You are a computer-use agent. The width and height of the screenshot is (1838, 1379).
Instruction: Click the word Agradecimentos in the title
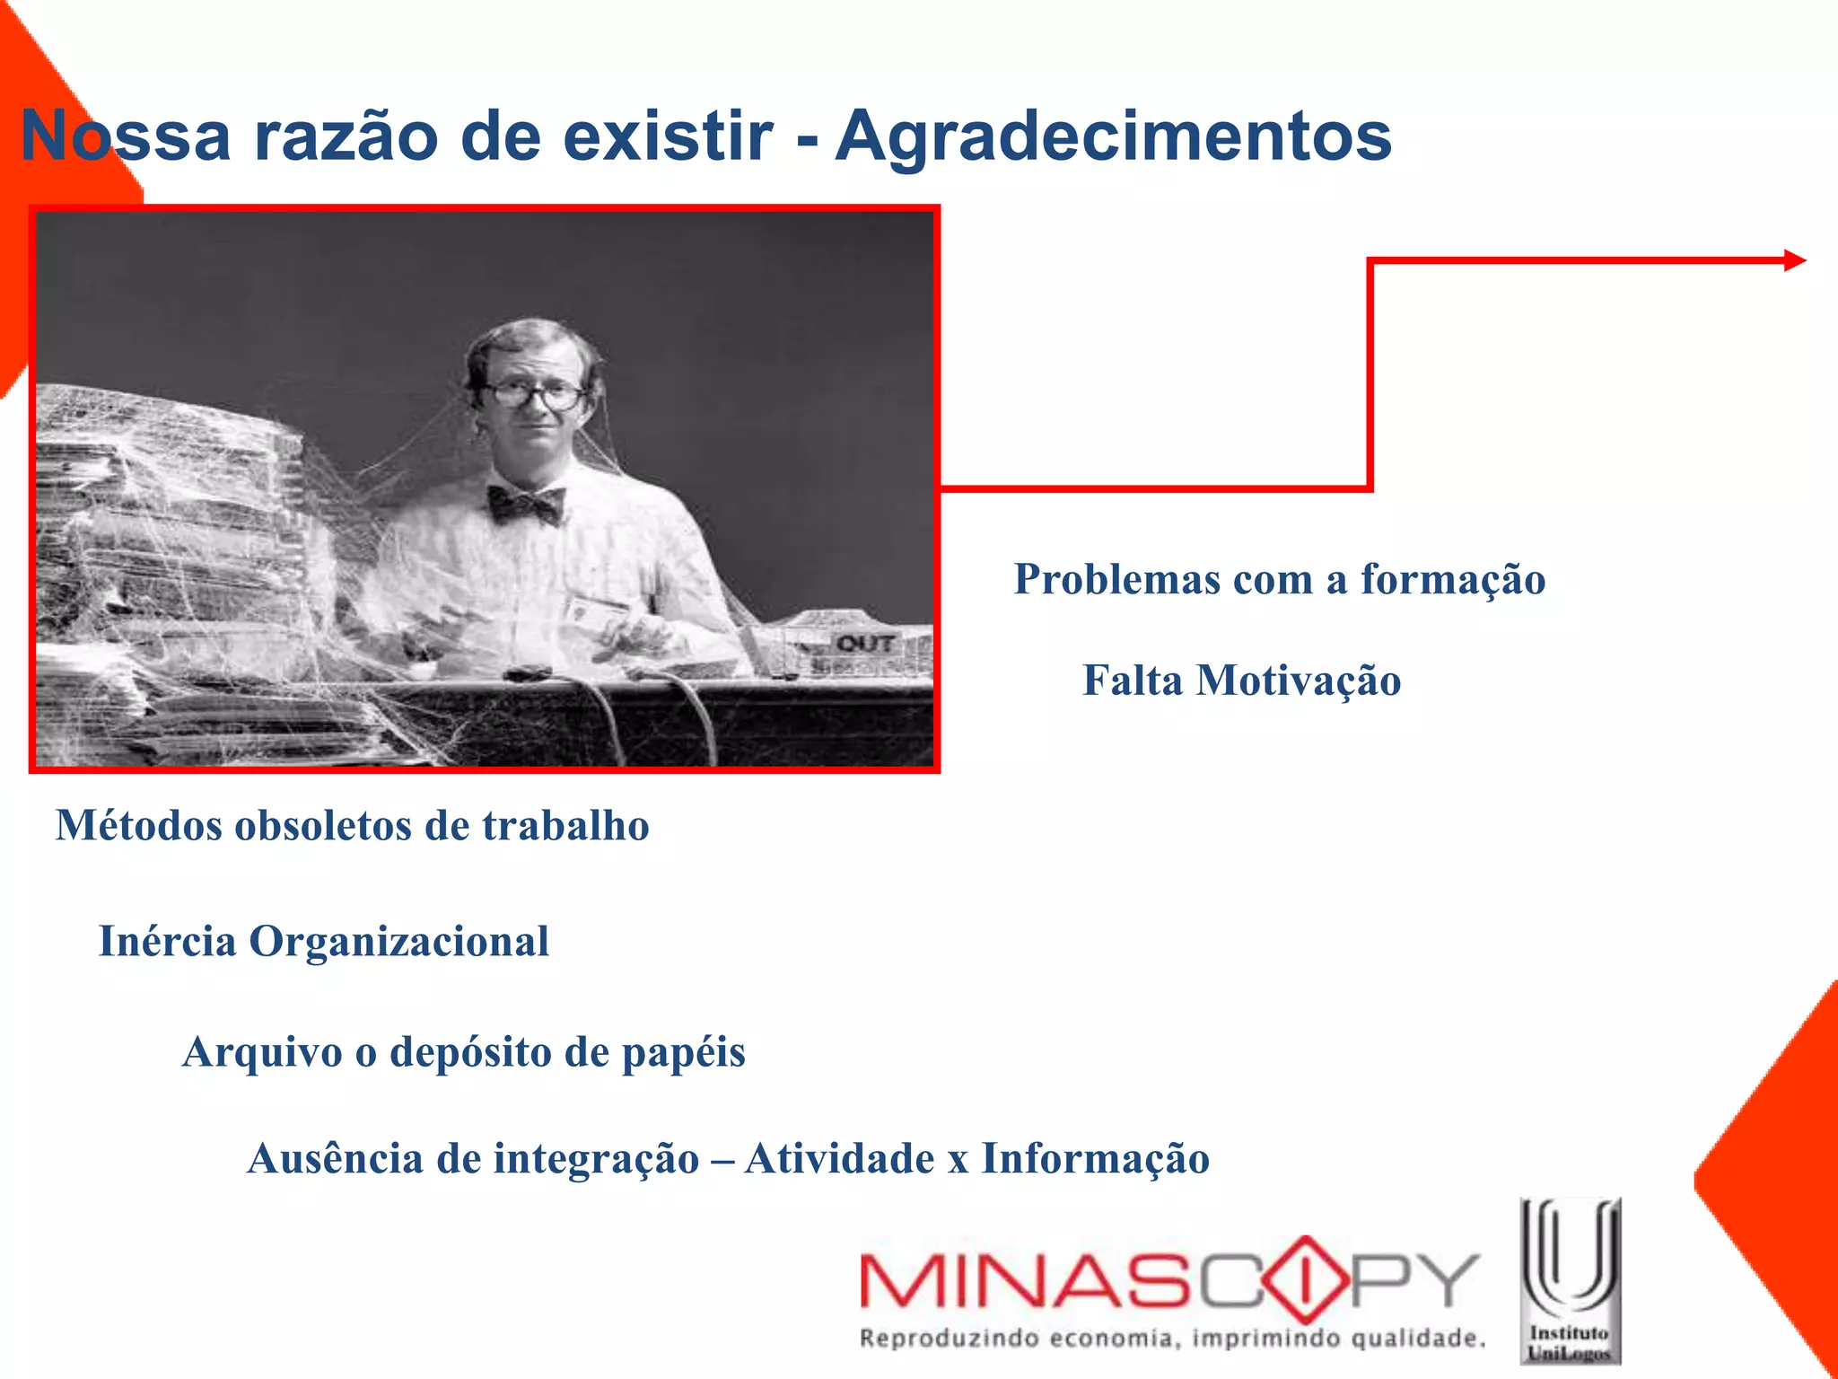point(1113,136)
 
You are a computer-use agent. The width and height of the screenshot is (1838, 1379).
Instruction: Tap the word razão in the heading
point(346,136)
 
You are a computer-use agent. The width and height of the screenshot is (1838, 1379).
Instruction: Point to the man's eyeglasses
point(535,393)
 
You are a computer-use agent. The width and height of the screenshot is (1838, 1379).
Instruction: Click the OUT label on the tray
point(865,643)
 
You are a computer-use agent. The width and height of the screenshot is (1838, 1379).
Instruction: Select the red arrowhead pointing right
point(1794,260)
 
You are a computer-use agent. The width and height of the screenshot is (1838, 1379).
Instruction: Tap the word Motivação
point(1298,681)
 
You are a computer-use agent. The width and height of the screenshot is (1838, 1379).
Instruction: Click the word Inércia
point(167,942)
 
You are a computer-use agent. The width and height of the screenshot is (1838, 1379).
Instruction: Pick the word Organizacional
point(398,942)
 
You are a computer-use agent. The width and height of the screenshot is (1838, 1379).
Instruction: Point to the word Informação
point(1095,1158)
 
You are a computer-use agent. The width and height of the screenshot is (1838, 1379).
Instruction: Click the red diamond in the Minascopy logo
point(1305,1280)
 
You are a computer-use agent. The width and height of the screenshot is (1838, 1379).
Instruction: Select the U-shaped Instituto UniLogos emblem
point(1570,1260)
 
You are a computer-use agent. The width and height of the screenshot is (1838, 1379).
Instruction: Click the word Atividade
point(839,1158)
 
